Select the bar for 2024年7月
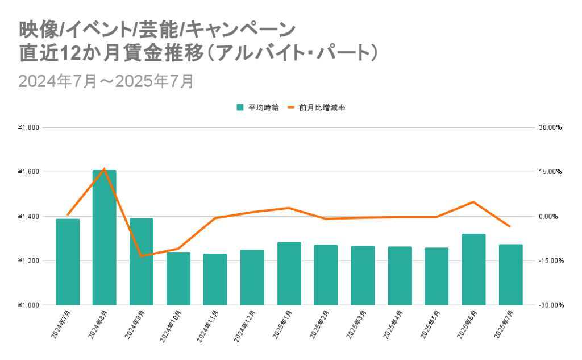(68, 262)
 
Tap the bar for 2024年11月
(215, 279)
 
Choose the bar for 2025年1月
(289, 274)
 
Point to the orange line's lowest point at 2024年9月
(142, 256)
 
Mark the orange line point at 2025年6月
(473, 202)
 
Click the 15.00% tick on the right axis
(550, 172)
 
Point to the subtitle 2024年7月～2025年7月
(106, 81)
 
